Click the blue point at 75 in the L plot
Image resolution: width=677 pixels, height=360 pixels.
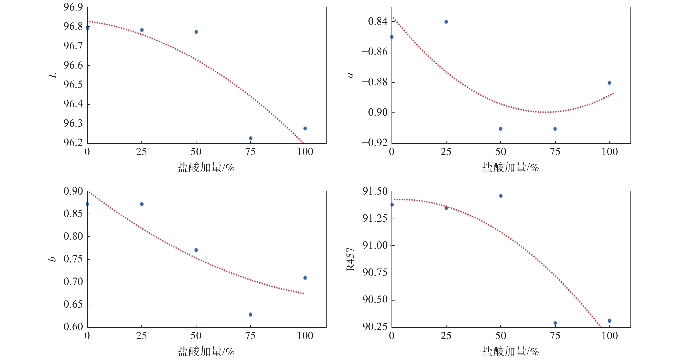250,138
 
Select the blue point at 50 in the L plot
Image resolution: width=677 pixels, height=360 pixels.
196,32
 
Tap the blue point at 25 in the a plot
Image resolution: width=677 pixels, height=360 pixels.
446,22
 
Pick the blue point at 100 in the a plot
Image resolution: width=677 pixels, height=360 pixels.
609,83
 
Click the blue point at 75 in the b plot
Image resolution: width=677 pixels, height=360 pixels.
250,314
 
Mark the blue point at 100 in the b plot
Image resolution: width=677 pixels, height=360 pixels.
305,277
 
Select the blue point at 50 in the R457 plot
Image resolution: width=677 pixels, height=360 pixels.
500,196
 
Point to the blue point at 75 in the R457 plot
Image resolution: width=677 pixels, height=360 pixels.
555,323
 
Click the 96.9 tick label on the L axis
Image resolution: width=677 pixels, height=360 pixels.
73,7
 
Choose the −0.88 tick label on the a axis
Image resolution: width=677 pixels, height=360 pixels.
375,82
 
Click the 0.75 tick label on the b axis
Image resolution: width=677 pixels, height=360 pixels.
73,259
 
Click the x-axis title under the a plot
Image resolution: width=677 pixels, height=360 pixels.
510,168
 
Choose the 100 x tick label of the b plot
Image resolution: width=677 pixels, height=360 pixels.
305,336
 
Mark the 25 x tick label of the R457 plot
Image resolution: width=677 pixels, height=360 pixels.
446,336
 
